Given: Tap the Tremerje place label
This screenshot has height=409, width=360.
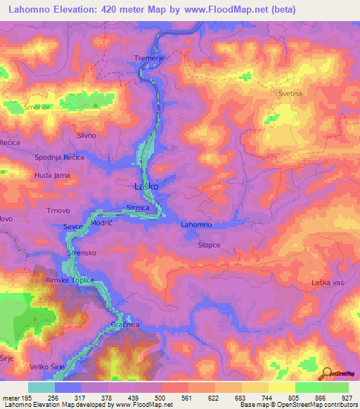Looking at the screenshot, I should pos(148,58).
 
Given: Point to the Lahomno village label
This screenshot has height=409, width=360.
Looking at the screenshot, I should pos(196,225).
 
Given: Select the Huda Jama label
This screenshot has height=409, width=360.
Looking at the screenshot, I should pos(52,174).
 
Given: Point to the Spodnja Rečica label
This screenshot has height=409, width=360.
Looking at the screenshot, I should pos(60,157).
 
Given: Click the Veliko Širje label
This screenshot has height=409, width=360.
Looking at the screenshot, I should pos(49,346).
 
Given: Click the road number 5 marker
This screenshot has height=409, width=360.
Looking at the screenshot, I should pos(159,108).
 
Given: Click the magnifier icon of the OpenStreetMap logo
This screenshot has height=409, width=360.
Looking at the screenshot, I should pos(327,374).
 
